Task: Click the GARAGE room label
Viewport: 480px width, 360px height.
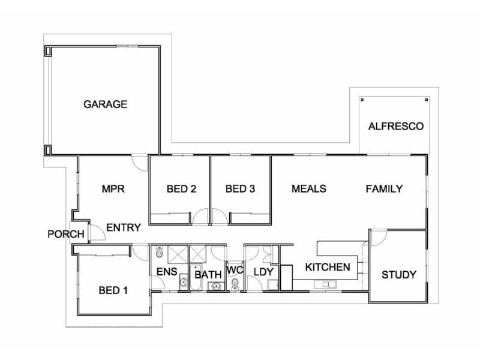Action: pyautogui.click(x=105, y=104)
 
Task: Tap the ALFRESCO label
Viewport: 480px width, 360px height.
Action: pyautogui.click(x=395, y=127)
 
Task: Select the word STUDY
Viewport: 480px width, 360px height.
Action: pyautogui.click(x=399, y=275)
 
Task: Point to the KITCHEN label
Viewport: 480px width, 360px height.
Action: pyautogui.click(x=327, y=267)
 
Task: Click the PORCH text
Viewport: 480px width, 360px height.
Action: pyautogui.click(x=65, y=234)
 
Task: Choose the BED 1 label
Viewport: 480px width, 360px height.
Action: pyautogui.click(x=113, y=291)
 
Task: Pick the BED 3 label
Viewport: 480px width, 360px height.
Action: pyautogui.click(x=240, y=189)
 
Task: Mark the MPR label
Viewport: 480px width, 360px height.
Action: pyautogui.click(x=113, y=189)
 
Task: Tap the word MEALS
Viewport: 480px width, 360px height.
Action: pyautogui.click(x=308, y=189)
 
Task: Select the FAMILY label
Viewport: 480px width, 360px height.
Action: pyautogui.click(x=384, y=189)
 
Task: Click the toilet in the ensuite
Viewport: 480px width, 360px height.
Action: pyautogui.click(x=160, y=252)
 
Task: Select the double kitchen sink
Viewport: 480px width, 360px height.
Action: pyautogui.click(x=328, y=284)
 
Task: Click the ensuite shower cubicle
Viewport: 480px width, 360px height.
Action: pyautogui.click(x=178, y=254)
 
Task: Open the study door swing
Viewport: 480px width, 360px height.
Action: pyautogui.click(x=377, y=238)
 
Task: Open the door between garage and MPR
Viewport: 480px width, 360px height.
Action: pyautogui.click(x=139, y=161)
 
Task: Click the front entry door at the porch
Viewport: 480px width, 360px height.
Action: pyautogui.click(x=96, y=233)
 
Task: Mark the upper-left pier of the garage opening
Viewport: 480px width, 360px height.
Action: pyautogui.click(x=48, y=51)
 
